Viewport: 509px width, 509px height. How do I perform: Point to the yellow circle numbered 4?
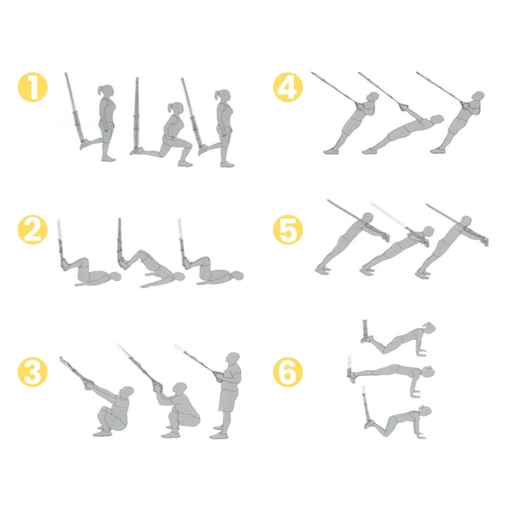coord(288,88)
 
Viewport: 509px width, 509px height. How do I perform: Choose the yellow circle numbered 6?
coord(288,371)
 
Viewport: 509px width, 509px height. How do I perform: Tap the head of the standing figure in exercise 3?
coord(233,359)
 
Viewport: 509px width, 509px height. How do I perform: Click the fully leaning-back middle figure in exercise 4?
coord(404,134)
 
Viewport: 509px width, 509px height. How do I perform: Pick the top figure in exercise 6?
coord(397,339)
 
